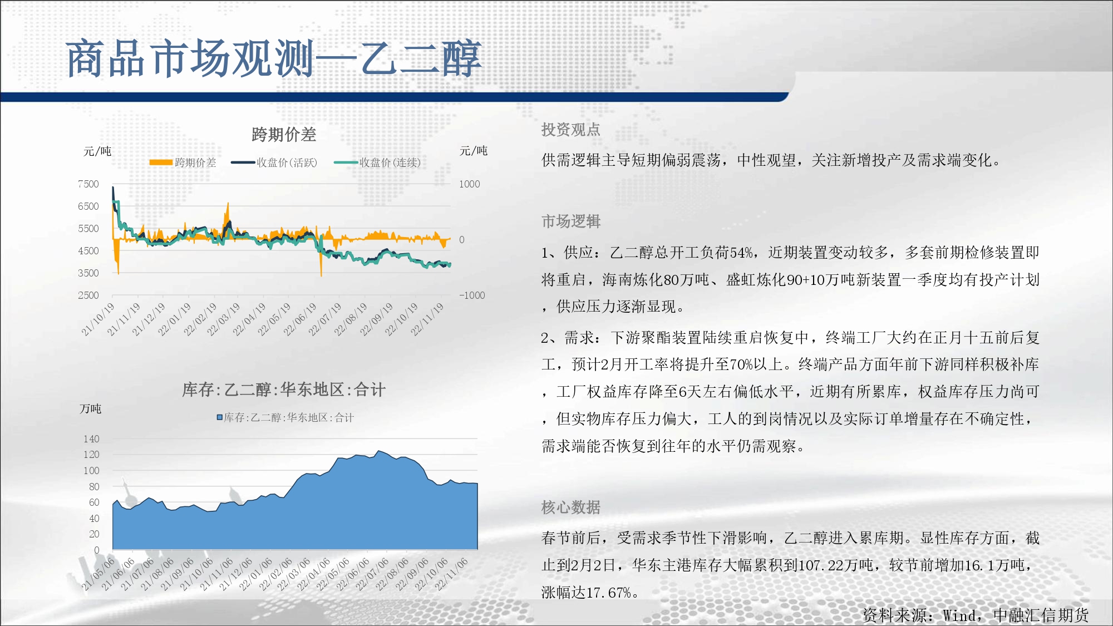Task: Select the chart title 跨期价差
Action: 284,134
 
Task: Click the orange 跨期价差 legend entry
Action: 183,162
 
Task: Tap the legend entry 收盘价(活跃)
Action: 274,162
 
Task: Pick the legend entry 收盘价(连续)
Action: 377,162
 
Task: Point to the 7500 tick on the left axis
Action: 88,184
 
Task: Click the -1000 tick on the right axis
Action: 472,295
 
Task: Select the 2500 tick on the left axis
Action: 88,295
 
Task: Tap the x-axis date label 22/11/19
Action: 427,319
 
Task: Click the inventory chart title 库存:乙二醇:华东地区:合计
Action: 284,390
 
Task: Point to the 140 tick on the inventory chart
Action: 91,439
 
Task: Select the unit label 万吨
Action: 91,409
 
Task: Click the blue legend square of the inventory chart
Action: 220,417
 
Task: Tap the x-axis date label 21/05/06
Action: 98,574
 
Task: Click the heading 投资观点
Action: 571,130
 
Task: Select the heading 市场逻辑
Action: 571,221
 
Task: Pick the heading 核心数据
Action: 571,507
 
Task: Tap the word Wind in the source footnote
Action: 959,615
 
